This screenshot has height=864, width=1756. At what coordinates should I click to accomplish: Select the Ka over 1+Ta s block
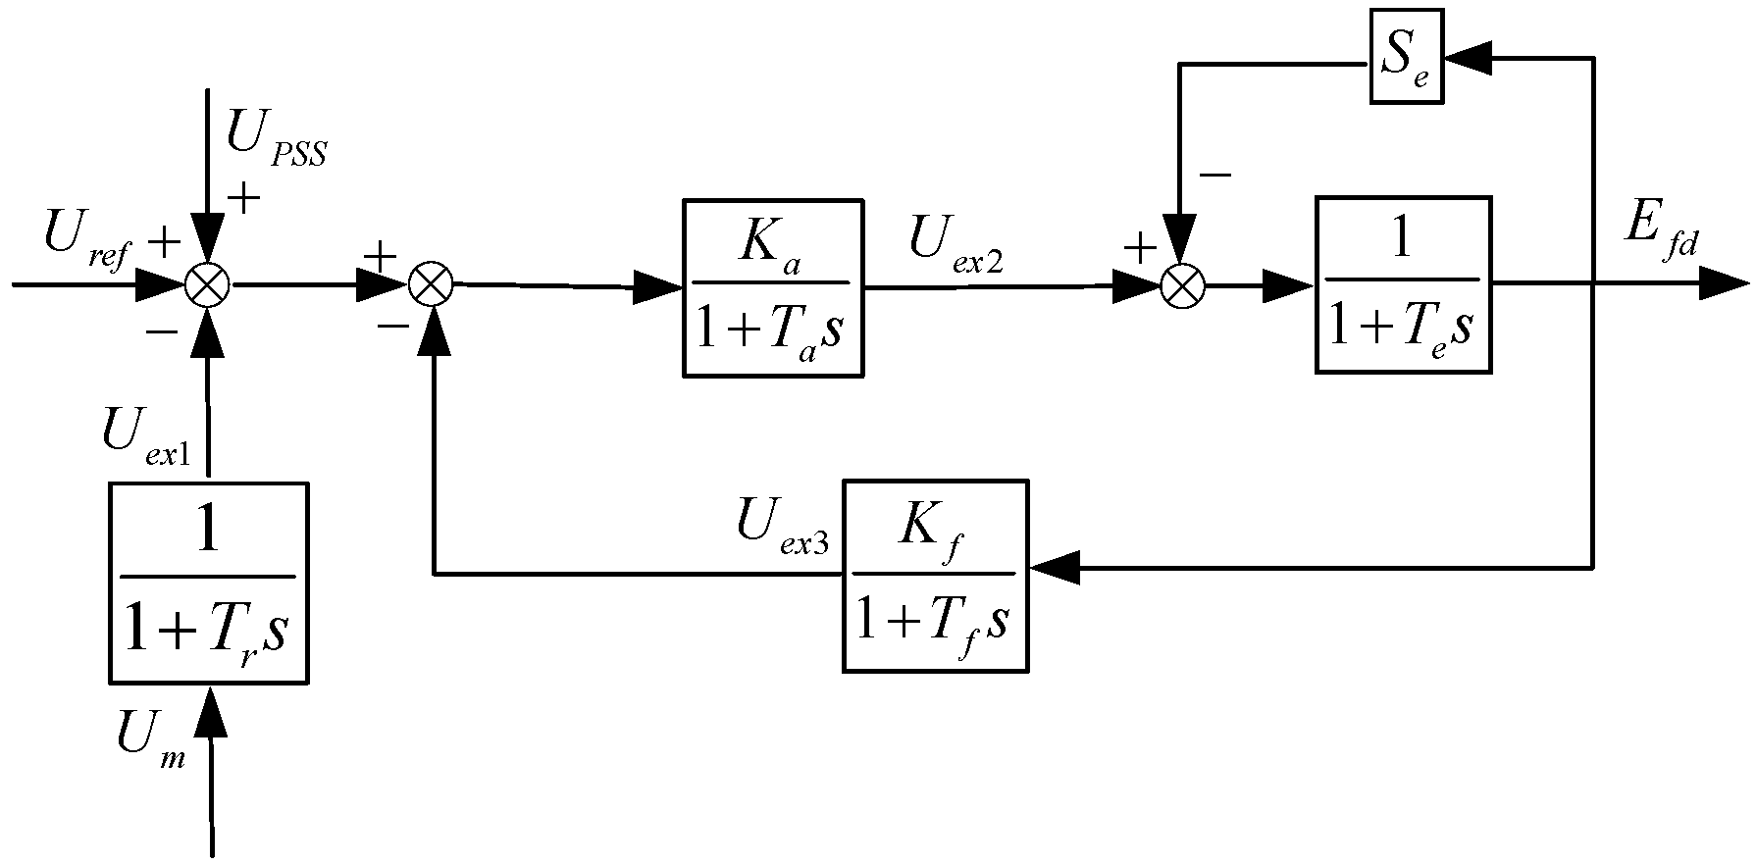pyautogui.click(x=773, y=287)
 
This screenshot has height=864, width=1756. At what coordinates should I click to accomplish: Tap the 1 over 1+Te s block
pyautogui.click(x=1403, y=284)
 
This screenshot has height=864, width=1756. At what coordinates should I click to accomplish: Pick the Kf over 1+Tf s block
pyautogui.click(x=934, y=576)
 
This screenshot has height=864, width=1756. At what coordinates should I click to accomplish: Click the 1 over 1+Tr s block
pyautogui.click(x=208, y=583)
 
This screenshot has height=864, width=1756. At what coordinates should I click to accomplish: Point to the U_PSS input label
pyautogui.click(x=276, y=138)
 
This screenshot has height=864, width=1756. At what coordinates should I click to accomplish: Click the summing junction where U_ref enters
pyautogui.click(x=208, y=286)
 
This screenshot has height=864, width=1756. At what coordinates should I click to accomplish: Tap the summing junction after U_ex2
pyautogui.click(x=1182, y=286)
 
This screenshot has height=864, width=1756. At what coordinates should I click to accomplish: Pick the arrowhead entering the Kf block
pyautogui.click(x=1055, y=568)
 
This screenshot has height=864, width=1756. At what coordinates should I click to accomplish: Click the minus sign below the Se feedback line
pyautogui.click(x=1214, y=176)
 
